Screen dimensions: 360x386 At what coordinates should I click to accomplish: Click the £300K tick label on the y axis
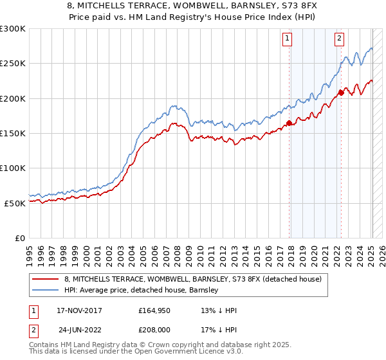pyautogui.click(x=12, y=29)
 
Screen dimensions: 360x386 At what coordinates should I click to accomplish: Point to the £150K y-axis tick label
pyautogui.click(x=12, y=133)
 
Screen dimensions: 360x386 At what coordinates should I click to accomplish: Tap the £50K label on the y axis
pyautogui.click(x=14, y=203)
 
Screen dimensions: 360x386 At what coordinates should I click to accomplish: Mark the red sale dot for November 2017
pyautogui.click(x=289, y=123)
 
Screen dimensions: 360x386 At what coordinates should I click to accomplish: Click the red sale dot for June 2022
pyautogui.click(x=341, y=93)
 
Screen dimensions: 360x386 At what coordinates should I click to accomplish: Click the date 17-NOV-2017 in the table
pyautogui.click(x=79, y=310)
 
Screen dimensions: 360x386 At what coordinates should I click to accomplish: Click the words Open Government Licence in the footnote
pyautogui.click(x=186, y=353)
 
